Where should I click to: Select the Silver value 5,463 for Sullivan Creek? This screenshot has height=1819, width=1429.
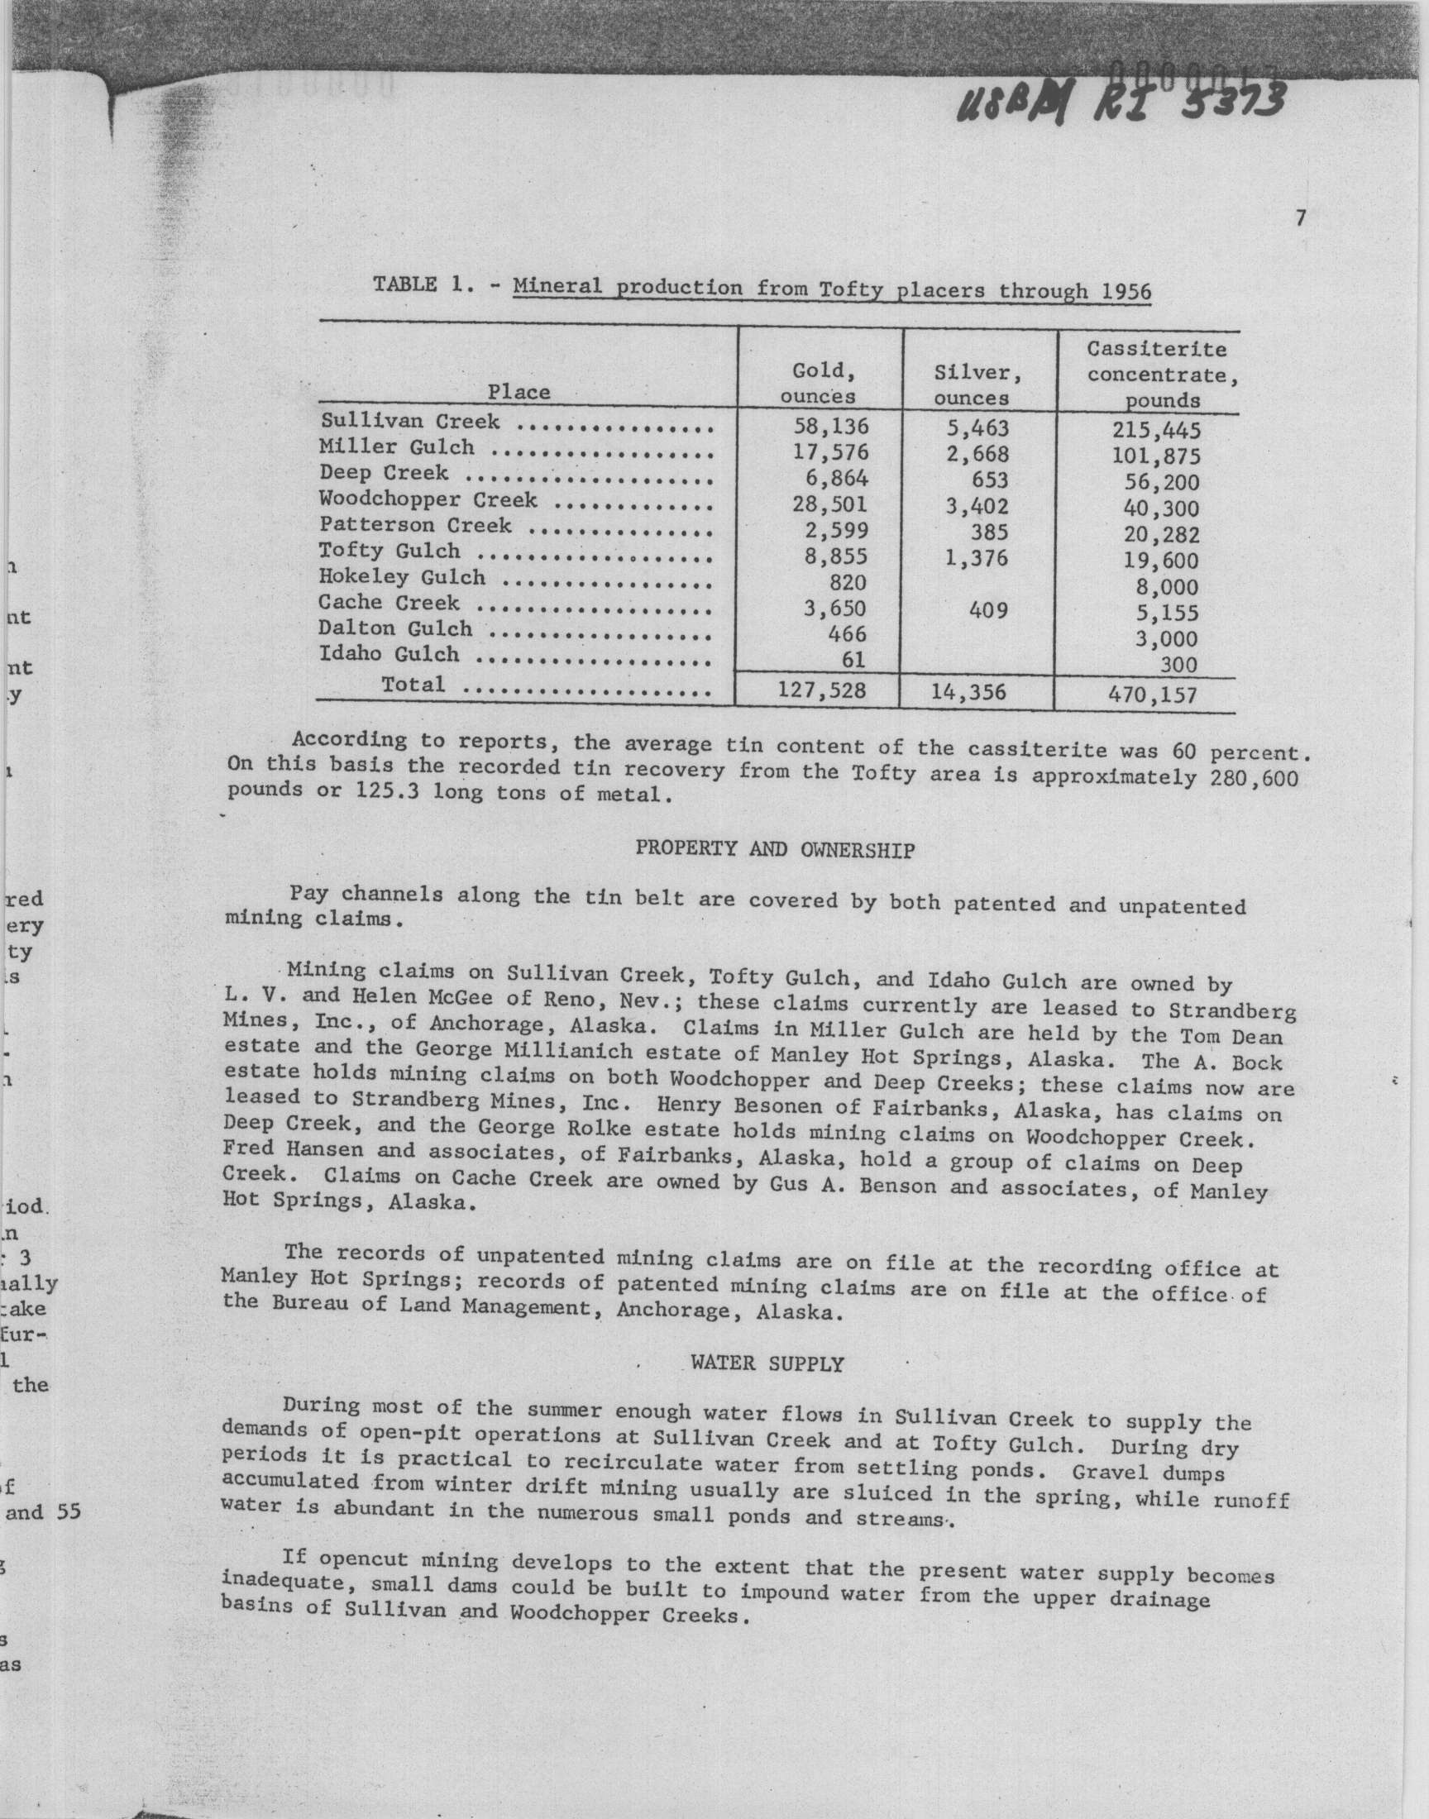978,429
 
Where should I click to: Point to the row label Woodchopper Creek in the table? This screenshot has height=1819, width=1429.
428,500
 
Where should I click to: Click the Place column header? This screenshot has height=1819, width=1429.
519,391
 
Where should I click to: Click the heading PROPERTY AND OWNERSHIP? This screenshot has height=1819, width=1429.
775,850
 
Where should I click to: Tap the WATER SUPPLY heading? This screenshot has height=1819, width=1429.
767,1364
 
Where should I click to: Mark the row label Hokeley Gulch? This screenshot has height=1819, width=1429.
402,577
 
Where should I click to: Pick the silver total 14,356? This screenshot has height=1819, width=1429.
971,692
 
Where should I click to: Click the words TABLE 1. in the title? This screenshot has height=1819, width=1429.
419,284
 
